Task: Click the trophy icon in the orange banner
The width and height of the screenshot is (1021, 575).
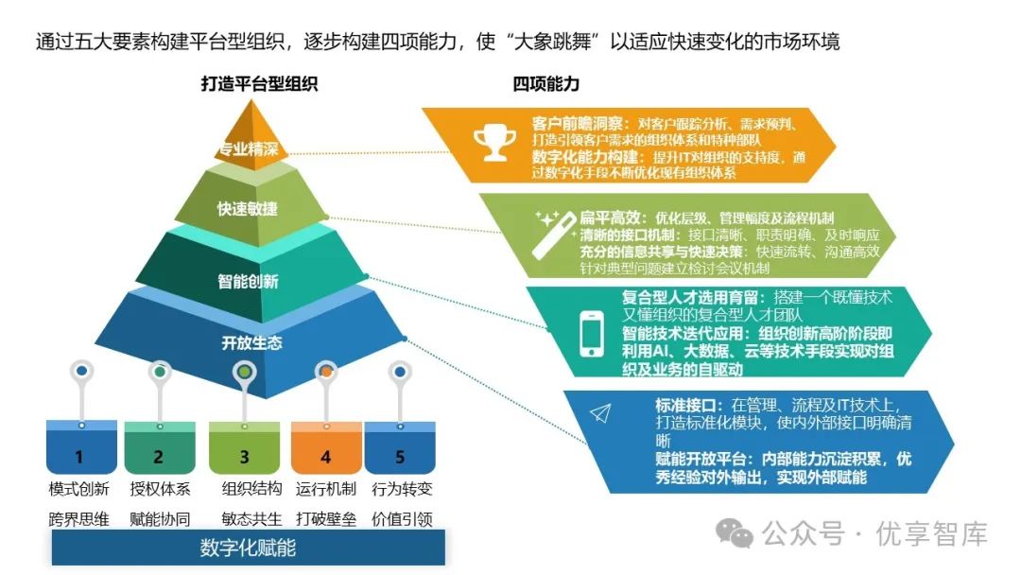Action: pyautogui.click(x=492, y=143)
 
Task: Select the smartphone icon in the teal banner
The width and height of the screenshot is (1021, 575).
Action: pyautogui.click(x=593, y=335)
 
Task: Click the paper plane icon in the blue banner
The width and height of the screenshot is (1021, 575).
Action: pyautogui.click(x=601, y=413)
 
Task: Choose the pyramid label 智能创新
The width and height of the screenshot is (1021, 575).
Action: pyautogui.click(x=249, y=281)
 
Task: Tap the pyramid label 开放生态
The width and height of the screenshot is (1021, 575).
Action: pyautogui.click(x=251, y=342)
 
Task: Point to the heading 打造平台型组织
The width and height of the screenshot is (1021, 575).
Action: pyautogui.click(x=259, y=84)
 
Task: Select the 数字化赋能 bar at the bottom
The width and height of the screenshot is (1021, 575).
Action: pyautogui.click(x=248, y=548)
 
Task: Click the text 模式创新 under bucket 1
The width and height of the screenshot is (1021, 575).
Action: pyautogui.click(x=79, y=489)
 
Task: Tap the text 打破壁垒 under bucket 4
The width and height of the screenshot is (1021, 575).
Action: pyautogui.click(x=326, y=518)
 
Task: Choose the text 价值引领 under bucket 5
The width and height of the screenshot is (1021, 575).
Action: pyautogui.click(x=401, y=518)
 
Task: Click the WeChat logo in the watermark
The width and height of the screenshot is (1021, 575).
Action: pyautogui.click(x=735, y=532)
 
